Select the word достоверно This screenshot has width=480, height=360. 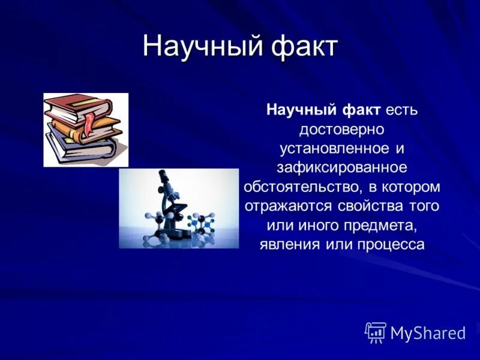point(342,129)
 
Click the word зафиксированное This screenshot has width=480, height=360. point(342,167)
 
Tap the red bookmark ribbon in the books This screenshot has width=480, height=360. point(89,123)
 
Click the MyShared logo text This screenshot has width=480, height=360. point(428,333)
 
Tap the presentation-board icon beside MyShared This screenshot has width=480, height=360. point(376,332)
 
